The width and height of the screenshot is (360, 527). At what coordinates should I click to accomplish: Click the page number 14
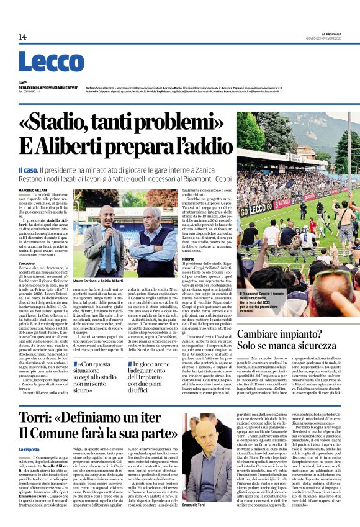tap(22, 37)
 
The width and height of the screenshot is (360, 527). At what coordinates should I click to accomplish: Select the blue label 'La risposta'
tap(29, 449)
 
